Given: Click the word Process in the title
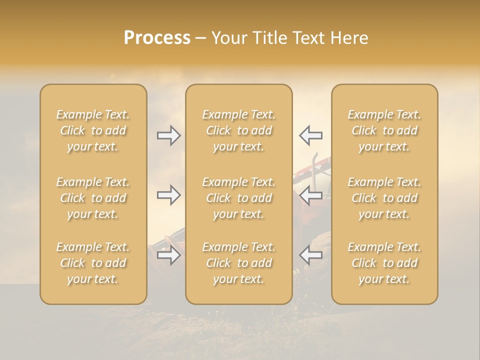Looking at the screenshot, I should pyautogui.click(x=157, y=38).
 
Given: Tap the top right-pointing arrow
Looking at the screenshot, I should pyautogui.click(x=168, y=135).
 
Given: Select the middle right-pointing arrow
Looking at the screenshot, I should pyautogui.click(x=168, y=195).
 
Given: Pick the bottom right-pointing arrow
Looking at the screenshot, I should pyautogui.click(x=168, y=255).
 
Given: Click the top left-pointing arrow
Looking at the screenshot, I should pyautogui.click(x=310, y=135).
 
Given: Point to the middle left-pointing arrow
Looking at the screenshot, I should pyautogui.click(x=310, y=195).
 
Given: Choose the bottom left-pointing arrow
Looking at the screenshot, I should pyautogui.click(x=310, y=255).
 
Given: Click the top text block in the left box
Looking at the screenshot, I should pyautogui.click(x=93, y=130).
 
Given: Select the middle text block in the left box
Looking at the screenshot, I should pyautogui.click(x=93, y=198).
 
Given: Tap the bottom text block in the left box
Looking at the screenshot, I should pyautogui.click(x=93, y=263).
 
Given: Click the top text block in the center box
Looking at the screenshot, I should pyautogui.click(x=238, y=130).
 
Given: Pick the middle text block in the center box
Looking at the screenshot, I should pyautogui.click(x=238, y=198).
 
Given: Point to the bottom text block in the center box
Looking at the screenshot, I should pyautogui.click(x=238, y=263).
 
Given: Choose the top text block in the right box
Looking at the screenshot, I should pyautogui.click(x=384, y=130).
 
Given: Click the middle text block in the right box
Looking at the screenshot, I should pyautogui.click(x=384, y=198).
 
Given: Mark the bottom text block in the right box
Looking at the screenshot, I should pyautogui.click(x=384, y=263).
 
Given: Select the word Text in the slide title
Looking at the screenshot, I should pyautogui.click(x=307, y=38).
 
